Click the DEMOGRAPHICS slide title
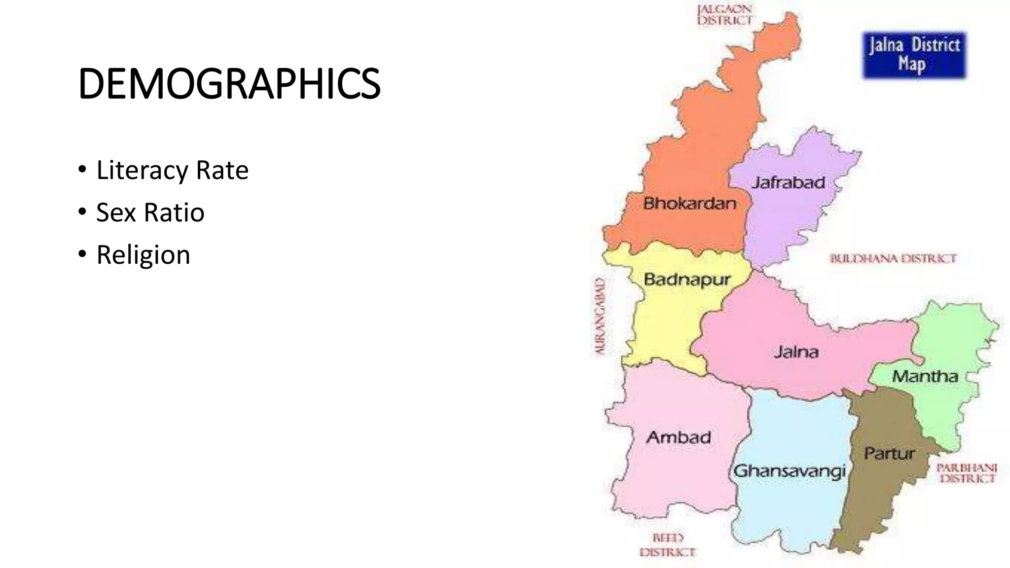229,84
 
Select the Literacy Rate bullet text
172,171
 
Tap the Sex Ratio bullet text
150,213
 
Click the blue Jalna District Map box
914,55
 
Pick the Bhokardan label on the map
689,203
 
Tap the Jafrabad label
788,183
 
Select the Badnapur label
687,280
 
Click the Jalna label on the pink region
796,352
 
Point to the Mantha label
925,377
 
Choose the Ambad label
679,437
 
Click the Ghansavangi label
790,471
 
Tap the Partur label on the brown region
889,453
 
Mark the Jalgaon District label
725,15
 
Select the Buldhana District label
893,258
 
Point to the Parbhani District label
967,473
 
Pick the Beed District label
668,545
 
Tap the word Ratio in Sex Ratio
174,213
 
